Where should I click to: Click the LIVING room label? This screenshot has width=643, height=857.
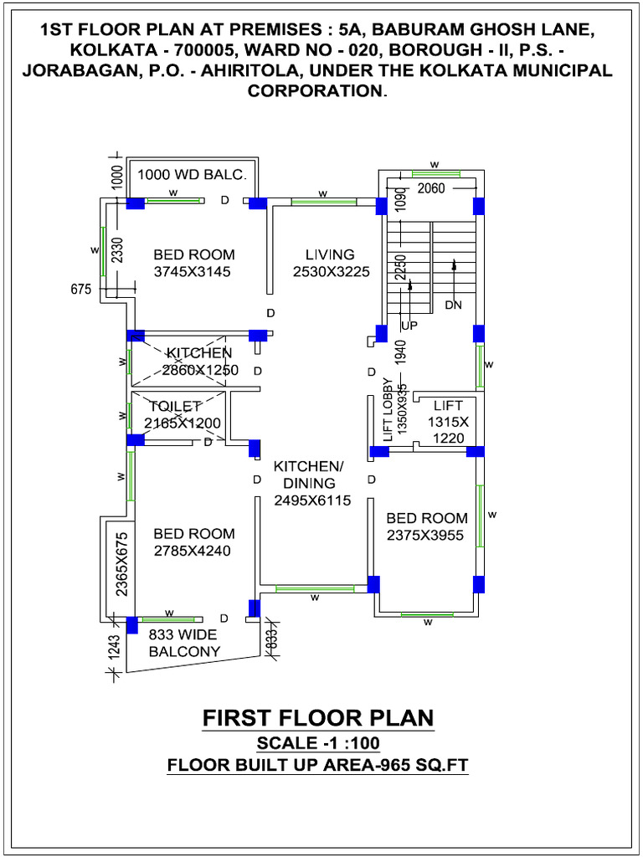pos(330,254)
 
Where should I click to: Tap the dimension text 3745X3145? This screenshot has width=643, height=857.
pos(192,271)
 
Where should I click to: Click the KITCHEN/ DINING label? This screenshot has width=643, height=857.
pos(308,475)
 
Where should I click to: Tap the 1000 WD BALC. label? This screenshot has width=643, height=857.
pos(193,175)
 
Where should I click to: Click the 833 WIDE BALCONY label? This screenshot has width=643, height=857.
pos(184,643)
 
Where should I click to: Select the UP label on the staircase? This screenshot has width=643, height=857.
pos(409,325)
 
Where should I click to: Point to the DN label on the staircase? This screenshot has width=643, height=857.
pos(453,305)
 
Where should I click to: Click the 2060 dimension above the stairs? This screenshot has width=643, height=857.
pos(432,188)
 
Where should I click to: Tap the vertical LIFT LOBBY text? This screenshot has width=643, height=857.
pos(388,410)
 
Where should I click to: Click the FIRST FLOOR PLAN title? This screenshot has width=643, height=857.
pos(318,718)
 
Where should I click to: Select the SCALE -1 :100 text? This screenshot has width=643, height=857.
pos(318,743)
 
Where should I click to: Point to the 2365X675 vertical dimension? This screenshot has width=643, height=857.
pos(121,563)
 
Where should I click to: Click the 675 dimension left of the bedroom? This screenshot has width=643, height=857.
pos(80,290)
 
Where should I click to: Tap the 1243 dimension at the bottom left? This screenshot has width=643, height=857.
pos(115,645)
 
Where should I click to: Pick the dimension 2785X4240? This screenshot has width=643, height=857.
pos(192,551)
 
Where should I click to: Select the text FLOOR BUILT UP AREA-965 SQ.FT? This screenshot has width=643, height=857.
pos(318,764)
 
